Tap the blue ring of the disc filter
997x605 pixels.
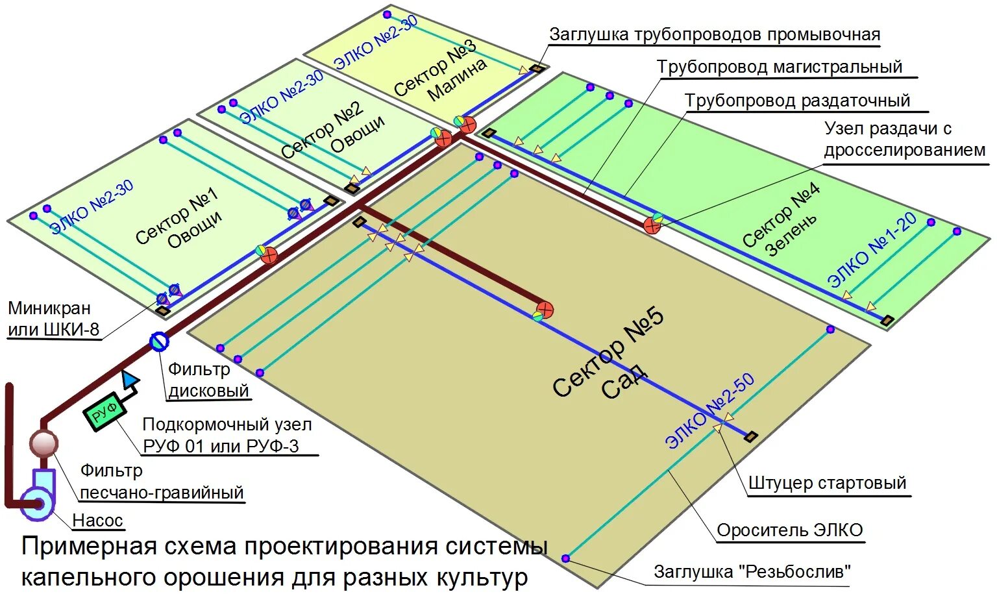(159, 341)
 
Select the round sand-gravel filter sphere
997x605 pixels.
(43, 444)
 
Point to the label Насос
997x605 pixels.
(97, 521)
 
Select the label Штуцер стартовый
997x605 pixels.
(827, 484)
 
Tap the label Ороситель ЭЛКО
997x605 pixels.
(789, 531)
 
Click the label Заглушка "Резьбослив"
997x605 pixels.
(752, 572)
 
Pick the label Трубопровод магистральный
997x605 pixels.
(779, 67)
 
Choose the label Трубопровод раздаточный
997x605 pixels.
(797, 101)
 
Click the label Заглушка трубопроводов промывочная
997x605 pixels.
(714, 34)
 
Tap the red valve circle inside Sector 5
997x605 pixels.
(545, 309)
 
